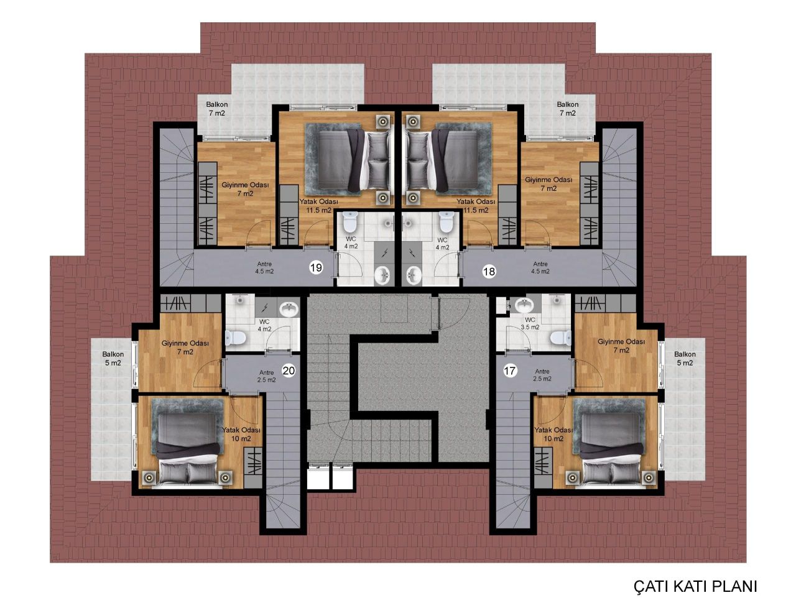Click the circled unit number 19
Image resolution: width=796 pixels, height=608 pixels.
[x=316, y=268]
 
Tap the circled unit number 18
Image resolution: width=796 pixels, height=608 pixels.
[x=489, y=271]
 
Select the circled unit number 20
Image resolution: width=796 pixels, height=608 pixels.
[x=289, y=371]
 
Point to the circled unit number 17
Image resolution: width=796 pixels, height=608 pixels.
[x=510, y=372]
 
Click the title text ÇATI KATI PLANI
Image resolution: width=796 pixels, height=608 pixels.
[x=695, y=586]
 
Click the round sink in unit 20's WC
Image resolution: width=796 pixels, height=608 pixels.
[x=288, y=308]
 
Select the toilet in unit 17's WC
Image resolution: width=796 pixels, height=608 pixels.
[x=562, y=337]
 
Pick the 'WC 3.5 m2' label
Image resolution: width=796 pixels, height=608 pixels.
[x=530, y=323]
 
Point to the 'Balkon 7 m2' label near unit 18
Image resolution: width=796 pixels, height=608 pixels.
[x=568, y=109]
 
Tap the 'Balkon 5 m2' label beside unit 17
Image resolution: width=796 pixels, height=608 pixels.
[x=685, y=359]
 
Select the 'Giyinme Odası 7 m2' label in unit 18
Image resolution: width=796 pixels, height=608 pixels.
[x=548, y=184]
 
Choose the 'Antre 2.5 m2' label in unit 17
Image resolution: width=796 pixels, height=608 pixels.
[x=542, y=375]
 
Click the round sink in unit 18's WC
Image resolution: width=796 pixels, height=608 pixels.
[x=414, y=273]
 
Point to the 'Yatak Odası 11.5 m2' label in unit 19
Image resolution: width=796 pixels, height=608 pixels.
[x=318, y=206]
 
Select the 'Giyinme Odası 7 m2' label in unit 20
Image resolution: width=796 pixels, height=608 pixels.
[x=185, y=347]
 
